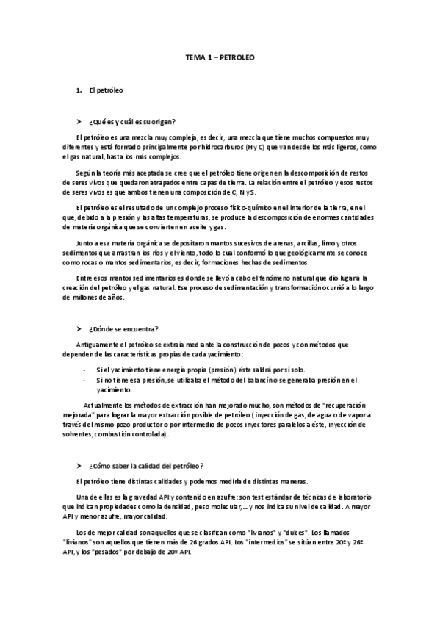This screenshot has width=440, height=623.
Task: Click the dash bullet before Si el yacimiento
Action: pyautogui.click(x=87, y=370)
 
